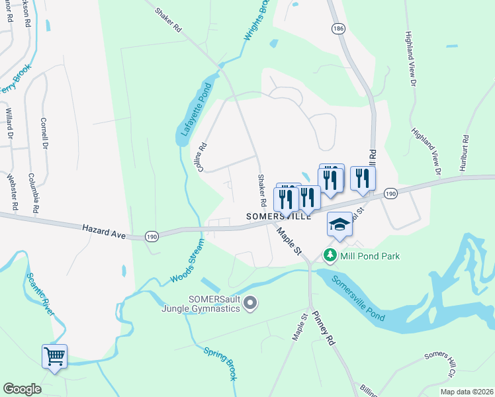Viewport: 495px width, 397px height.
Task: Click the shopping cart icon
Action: [54, 356]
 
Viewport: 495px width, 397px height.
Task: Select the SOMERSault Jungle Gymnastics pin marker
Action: [250, 304]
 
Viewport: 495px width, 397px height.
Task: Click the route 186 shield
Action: [339, 29]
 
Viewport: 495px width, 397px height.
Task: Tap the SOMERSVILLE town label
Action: [278, 216]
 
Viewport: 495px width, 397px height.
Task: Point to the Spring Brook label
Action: [220, 363]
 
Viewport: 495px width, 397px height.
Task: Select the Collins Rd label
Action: [203, 159]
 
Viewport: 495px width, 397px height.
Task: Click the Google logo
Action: [22, 389]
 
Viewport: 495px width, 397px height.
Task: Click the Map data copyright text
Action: [467, 392]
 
